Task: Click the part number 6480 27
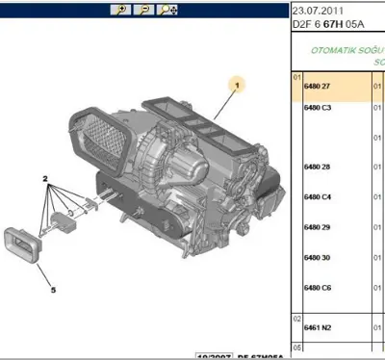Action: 318,87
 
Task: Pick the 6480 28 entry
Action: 318,167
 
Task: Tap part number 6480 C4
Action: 318,197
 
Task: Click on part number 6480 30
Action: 318,258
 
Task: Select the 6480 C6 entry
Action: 318,288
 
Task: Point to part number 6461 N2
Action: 318,328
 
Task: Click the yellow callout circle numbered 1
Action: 231,84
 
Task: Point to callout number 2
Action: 44,179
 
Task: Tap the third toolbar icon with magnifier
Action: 167,9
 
